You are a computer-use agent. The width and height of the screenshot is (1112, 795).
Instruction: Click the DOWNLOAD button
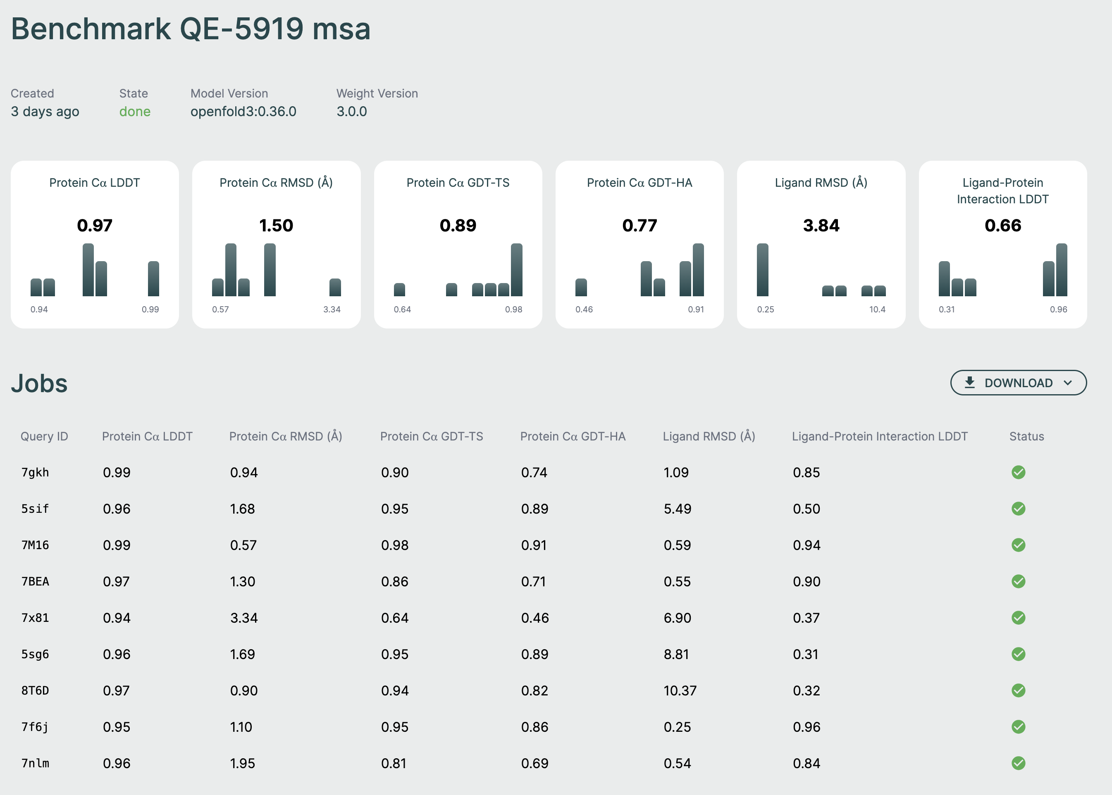[x=1018, y=383]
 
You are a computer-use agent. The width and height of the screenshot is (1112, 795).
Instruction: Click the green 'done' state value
[x=135, y=112]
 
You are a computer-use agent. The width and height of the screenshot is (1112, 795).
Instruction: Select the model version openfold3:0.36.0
[x=243, y=112]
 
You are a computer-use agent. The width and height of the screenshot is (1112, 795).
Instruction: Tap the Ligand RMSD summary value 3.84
[x=821, y=225]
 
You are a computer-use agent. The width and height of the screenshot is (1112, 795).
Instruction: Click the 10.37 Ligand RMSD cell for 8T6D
[x=680, y=691]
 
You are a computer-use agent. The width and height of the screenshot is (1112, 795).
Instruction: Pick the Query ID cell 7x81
[x=35, y=618]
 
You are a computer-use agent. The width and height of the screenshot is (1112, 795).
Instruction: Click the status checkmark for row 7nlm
[x=1018, y=763]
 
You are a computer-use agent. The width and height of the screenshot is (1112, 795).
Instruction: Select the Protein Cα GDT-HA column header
[x=573, y=436]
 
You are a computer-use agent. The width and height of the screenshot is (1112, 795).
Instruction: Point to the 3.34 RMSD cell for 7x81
[x=243, y=618]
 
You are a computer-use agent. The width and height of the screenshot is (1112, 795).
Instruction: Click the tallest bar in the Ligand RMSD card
[x=762, y=270]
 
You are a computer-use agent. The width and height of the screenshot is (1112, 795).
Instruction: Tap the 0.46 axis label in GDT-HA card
[x=584, y=309]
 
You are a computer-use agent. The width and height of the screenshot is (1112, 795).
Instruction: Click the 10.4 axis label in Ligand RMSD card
[x=877, y=309]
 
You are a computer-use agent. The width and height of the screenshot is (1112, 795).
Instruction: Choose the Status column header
[x=1026, y=436]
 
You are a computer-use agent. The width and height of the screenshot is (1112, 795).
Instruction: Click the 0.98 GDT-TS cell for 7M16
[x=394, y=545]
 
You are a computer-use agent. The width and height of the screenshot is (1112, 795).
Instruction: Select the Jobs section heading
[x=39, y=383]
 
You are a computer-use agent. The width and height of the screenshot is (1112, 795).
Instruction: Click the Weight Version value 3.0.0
[x=351, y=112]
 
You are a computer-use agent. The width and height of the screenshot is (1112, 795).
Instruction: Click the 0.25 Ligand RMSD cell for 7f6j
[x=677, y=727]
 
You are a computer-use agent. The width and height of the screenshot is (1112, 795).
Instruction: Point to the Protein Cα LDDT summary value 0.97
[x=95, y=225]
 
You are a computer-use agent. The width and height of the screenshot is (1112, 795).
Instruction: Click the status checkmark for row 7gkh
[x=1018, y=472]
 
